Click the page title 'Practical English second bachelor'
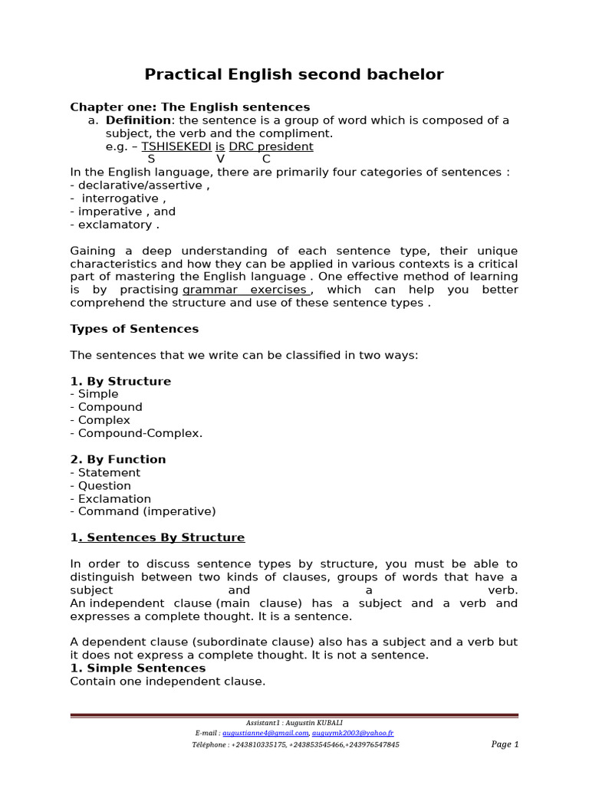coord(294,74)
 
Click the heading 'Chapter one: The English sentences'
coord(190,107)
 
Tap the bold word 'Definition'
coord(138,120)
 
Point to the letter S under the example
coord(151,159)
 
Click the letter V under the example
coord(221,159)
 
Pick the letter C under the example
coord(266,159)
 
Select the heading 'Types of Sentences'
coord(134,329)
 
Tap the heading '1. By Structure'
coord(120,381)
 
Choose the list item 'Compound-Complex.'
coord(137,433)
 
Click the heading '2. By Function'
coord(118,459)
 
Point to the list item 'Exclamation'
coord(110,498)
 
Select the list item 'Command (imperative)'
coord(143,511)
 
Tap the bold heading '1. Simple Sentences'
coord(138,668)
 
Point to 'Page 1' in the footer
coord(505,744)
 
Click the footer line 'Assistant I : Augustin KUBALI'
coord(294,723)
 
